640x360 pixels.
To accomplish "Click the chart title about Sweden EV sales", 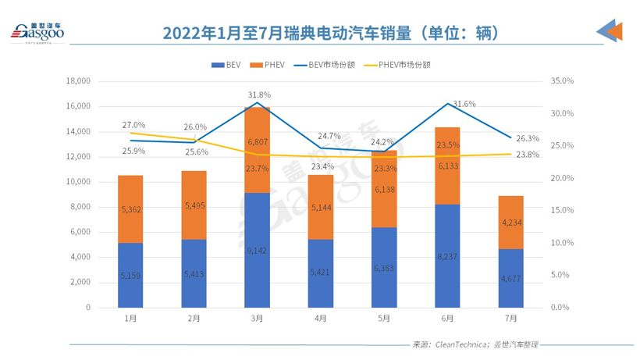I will point(319,33).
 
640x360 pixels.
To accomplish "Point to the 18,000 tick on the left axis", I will point(79,81).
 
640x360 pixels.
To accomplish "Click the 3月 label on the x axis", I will point(257,319).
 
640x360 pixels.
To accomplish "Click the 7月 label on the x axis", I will point(510,319).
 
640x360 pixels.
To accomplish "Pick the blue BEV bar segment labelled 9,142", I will point(257,250).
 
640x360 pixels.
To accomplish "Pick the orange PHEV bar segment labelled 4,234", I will point(510,223).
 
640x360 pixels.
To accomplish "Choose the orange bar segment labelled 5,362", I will point(130,209).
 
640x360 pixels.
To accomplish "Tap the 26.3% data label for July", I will point(528,138).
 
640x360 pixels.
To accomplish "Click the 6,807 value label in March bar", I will point(258,143).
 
